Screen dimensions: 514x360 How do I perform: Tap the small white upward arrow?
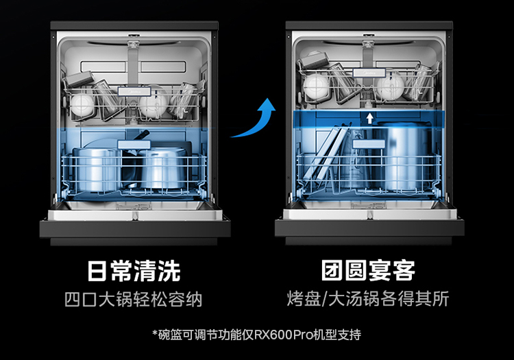point(370,118)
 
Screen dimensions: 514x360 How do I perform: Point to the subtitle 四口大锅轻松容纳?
point(134,300)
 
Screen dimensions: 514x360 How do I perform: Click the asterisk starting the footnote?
point(156,334)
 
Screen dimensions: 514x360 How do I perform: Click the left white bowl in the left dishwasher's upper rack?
point(83,105)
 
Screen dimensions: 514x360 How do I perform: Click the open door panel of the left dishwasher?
point(134,226)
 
